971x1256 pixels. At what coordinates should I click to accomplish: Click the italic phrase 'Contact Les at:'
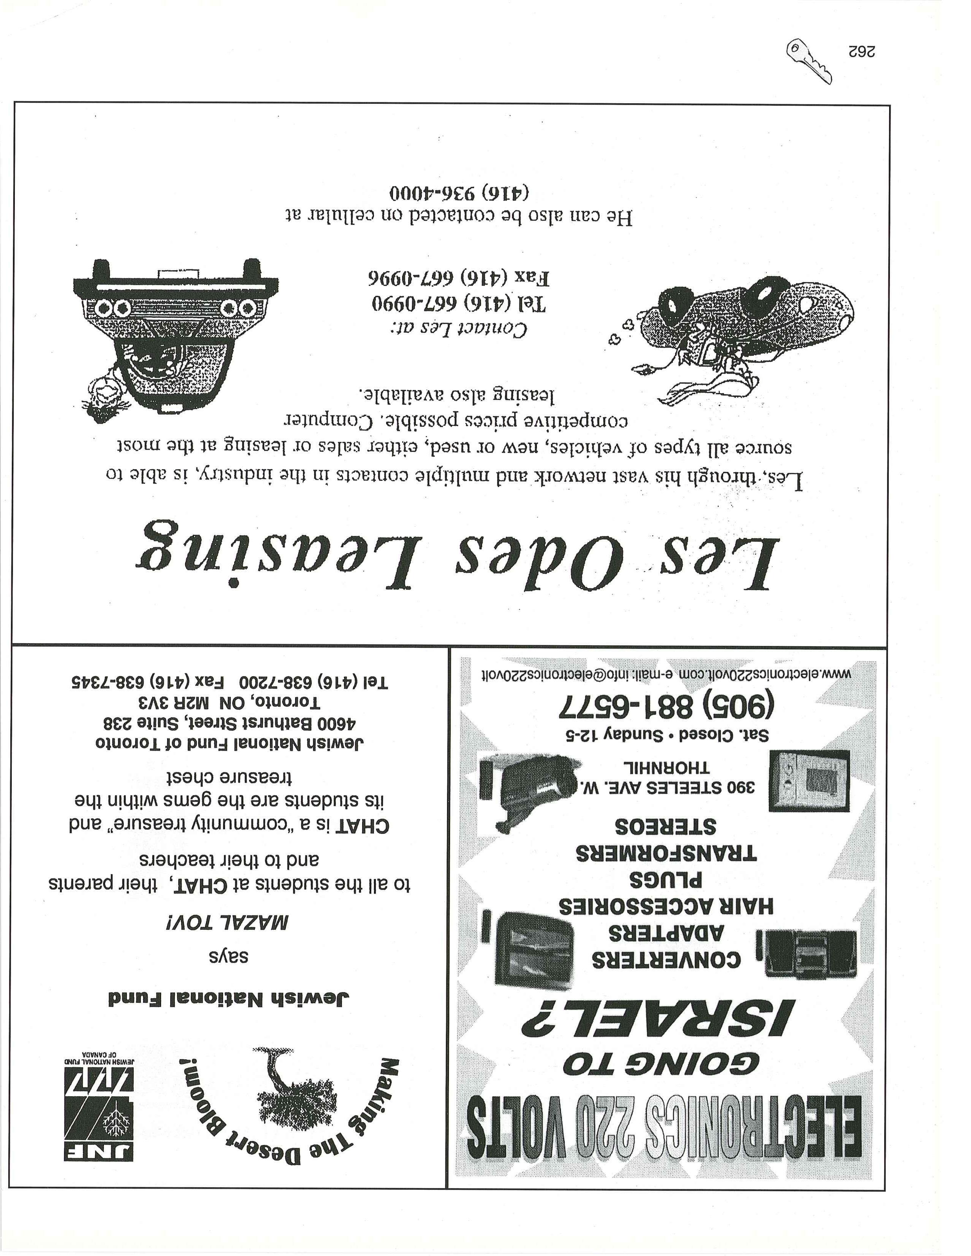tap(458, 329)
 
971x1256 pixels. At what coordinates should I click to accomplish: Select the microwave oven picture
tap(810, 780)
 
